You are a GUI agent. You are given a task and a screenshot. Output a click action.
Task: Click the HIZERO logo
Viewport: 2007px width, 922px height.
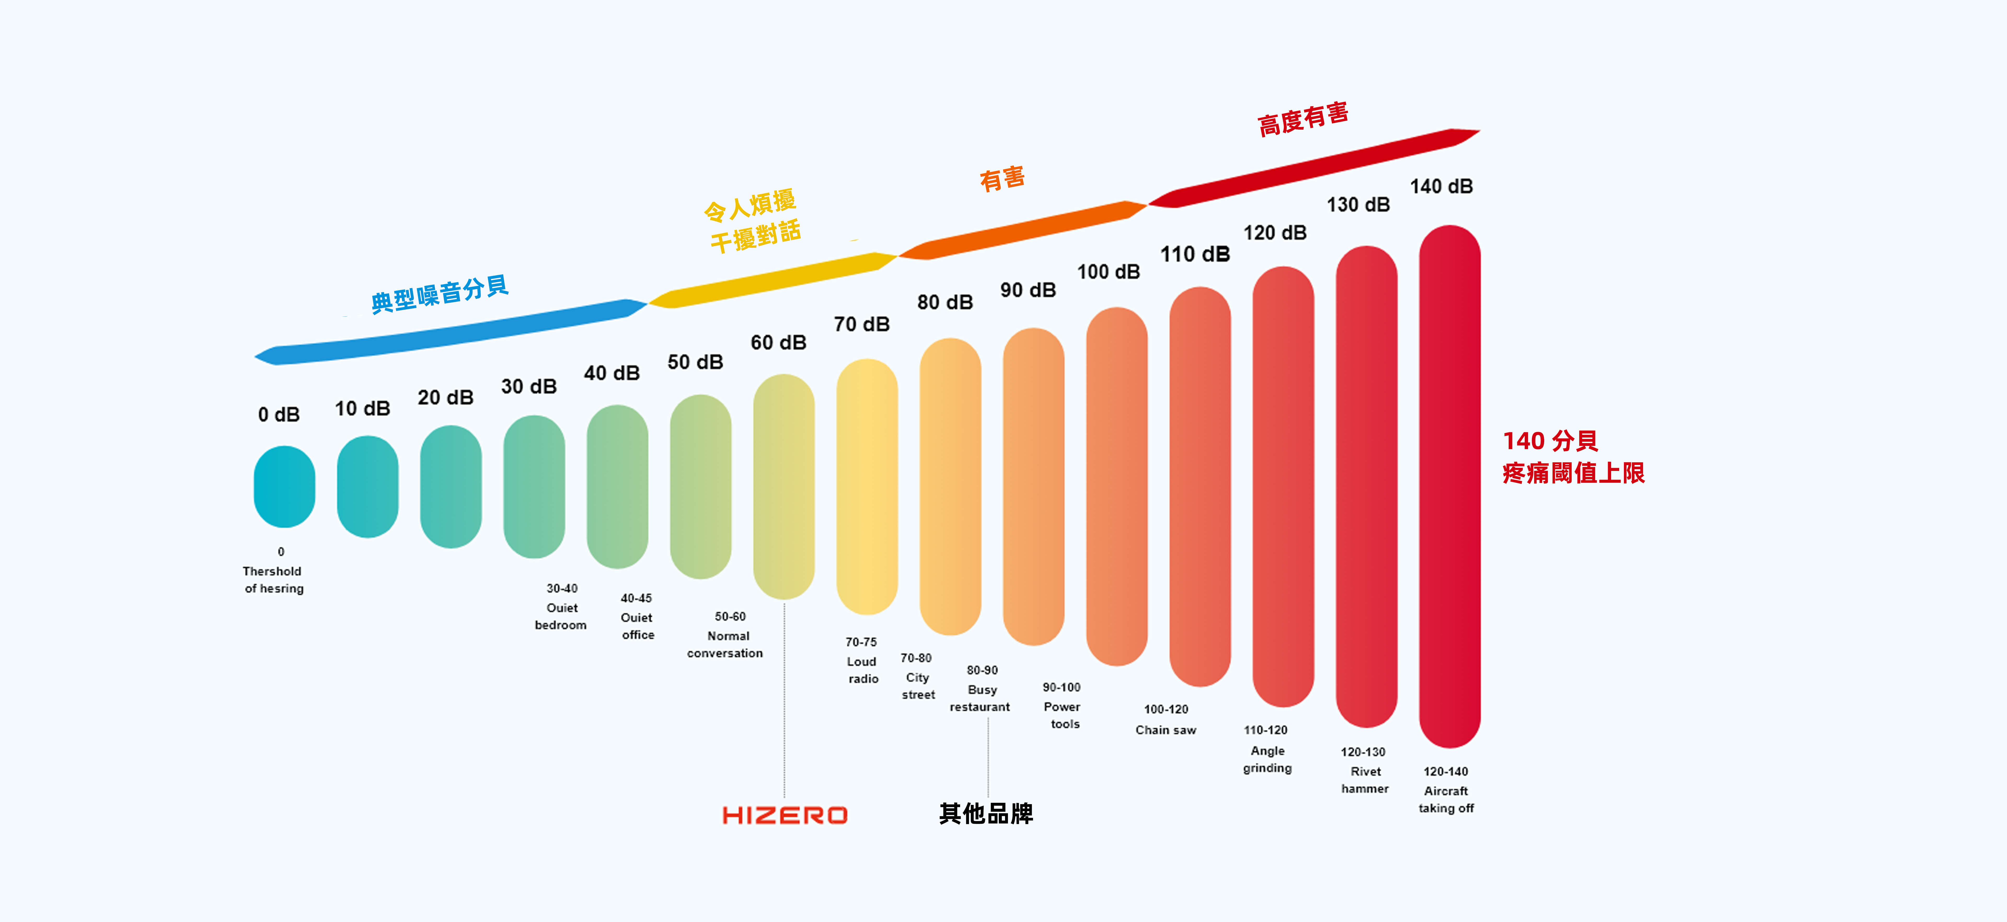coord(785,815)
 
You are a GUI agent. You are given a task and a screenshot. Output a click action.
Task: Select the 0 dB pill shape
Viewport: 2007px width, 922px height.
coord(284,486)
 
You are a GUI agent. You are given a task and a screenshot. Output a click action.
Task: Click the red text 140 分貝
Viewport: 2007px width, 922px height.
coord(1550,441)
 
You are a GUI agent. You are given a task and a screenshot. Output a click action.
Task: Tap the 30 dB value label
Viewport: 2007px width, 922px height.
coord(529,387)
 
